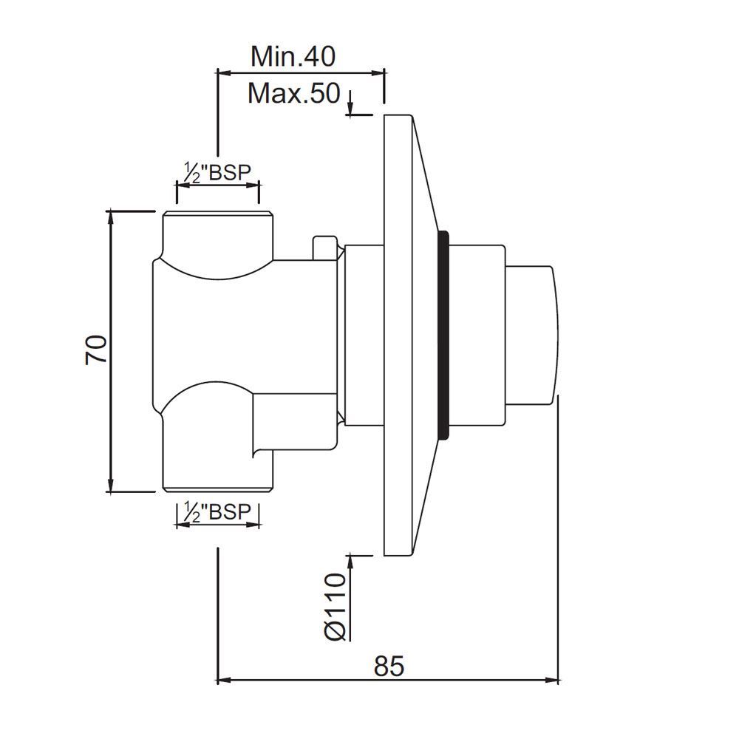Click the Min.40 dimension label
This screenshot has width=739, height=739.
pyautogui.click(x=293, y=56)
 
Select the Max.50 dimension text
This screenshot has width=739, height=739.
pyautogui.click(x=293, y=93)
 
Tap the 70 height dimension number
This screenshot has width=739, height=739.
pyautogui.click(x=96, y=350)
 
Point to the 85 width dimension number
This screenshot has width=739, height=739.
pyautogui.click(x=389, y=667)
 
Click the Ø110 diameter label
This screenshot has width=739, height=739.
pyautogui.click(x=336, y=606)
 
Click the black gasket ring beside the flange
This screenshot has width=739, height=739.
pyautogui.click(x=443, y=335)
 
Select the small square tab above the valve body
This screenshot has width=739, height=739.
pyautogui.click(x=325, y=248)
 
